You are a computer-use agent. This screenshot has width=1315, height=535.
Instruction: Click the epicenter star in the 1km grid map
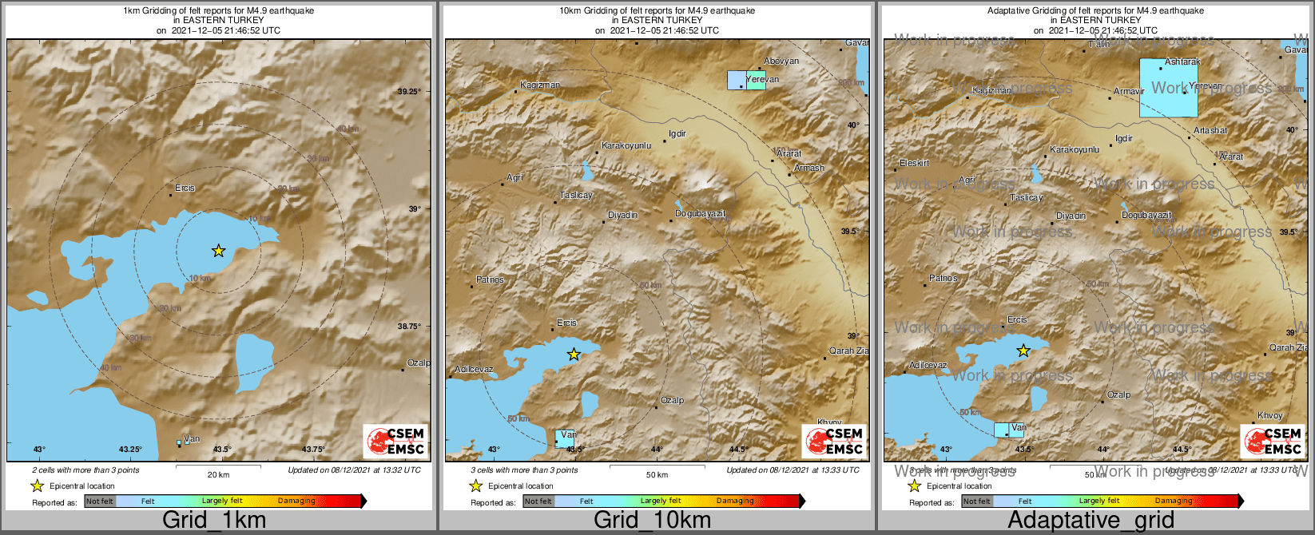tap(219, 251)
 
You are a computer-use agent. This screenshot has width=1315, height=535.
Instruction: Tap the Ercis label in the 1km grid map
tap(185, 188)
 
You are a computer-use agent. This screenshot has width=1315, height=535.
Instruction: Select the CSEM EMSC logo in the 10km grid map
tap(834, 441)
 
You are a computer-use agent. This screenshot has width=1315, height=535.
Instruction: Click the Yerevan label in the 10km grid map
tap(763, 79)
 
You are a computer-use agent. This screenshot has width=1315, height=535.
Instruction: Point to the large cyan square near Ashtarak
tap(1168, 88)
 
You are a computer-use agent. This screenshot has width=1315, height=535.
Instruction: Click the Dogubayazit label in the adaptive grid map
tap(1146, 216)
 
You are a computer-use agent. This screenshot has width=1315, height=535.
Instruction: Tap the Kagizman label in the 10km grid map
tap(540, 85)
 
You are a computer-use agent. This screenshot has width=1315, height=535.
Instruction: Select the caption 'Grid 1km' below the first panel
tap(214, 520)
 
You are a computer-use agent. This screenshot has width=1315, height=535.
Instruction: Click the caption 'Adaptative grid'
tap(1091, 520)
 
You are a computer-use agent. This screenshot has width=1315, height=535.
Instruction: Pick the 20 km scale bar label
tap(218, 474)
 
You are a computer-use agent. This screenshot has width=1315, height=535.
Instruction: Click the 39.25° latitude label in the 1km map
tap(409, 92)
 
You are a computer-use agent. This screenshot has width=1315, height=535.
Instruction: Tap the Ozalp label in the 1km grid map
tap(419, 363)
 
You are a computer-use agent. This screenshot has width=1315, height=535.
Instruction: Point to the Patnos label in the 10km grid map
tap(490, 279)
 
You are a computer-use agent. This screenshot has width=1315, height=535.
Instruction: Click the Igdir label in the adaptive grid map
tap(1124, 138)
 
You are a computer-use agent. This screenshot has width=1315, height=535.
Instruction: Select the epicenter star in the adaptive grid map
tap(1023, 351)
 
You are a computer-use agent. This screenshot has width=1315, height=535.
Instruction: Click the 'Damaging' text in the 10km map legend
tap(735, 501)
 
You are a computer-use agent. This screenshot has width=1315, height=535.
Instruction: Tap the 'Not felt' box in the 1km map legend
tap(100, 501)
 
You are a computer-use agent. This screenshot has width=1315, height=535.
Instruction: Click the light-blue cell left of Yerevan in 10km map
tap(736, 80)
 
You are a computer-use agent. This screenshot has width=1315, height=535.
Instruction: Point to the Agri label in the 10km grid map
tap(514, 177)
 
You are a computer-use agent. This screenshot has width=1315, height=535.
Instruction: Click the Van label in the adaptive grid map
tap(1019, 428)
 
